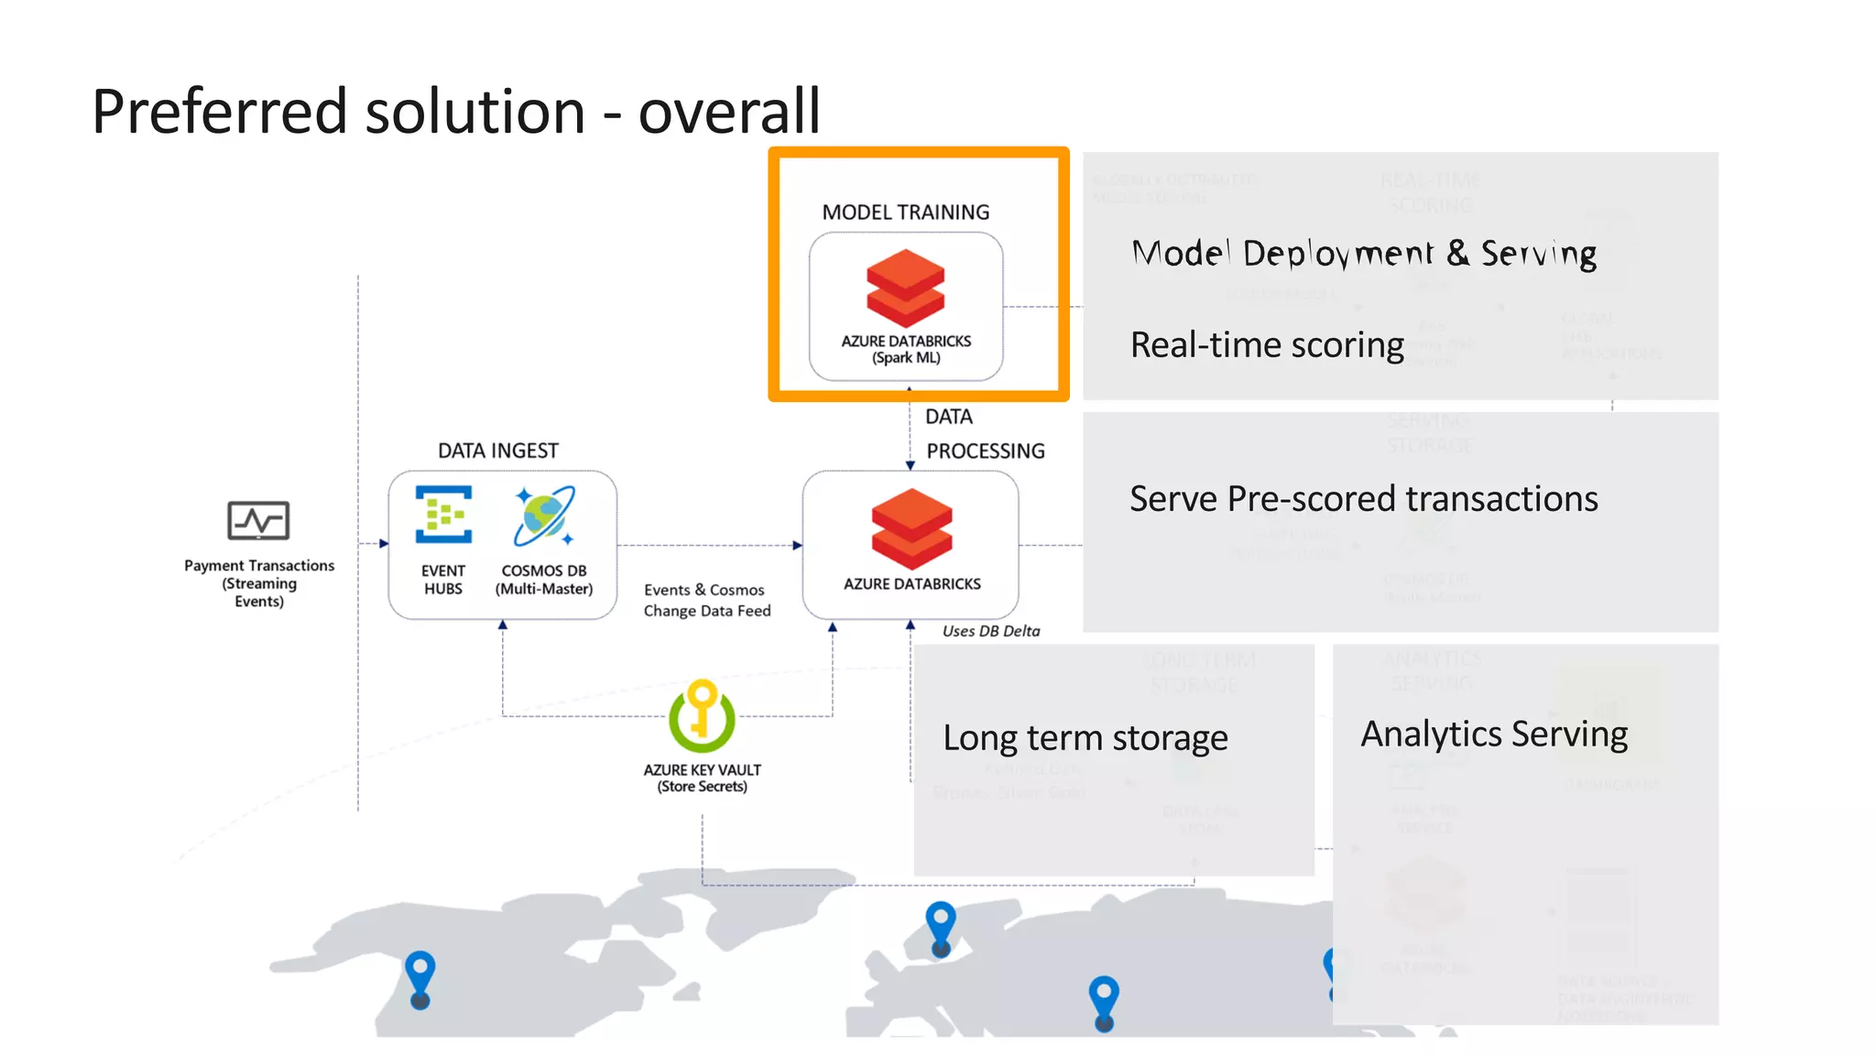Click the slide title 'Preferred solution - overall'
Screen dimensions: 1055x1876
pyautogui.click(x=455, y=112)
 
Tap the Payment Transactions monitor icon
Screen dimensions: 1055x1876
pyautogui.click(x=258, y=520)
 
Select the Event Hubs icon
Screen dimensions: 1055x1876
pyautogui.click(x=443, y=515)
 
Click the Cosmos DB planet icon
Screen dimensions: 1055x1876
pyautogui.click(x=544, y=516)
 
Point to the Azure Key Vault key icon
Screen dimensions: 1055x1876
pyautogui.click(x=702, y=715)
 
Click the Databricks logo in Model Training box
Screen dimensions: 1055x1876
pyautogui.click(x=905, y=288)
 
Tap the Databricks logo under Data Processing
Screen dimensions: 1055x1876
pyautogui.click(x=911, y=528)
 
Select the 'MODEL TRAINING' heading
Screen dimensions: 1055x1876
pyautogui.click(x=905, y=212)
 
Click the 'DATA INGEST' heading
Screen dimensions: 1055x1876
pyautogui.click(x=497, y=451)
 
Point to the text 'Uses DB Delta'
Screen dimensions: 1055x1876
pyautogui.click(x=990, y=631)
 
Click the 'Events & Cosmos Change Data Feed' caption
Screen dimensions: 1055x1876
pyautogui.click(x=706, y=601)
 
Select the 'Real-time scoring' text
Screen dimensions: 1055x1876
pyautogui.click(x=1267, y=345)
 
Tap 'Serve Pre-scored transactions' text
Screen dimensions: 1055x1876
pyautogui.click(x=1363, y=499)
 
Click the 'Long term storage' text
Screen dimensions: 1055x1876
pyautogui.click(x=1085, y=737)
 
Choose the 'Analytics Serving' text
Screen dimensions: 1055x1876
pyautogui.click(x=1493, y=734)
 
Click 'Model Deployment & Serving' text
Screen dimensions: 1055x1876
pyautogui.click(x=1363, y=254)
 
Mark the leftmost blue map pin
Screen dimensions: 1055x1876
pyautogui.click(x=420, y=977)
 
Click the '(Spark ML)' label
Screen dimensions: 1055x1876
pyautogui.click(x=905, y=358)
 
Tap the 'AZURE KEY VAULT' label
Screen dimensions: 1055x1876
pyautogui.click(x=702, y=770)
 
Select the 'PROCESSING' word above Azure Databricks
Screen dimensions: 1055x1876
pyautogui.click(x=985, y=451)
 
